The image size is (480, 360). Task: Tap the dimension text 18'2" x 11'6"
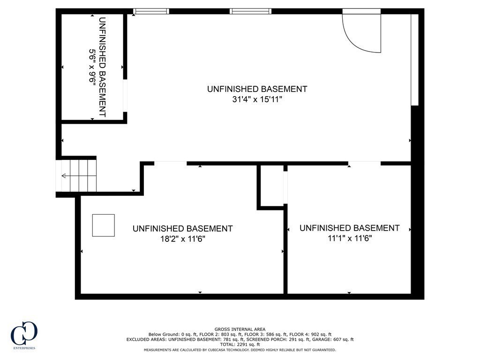[182, 239]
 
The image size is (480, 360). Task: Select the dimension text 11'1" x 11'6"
[349, 238]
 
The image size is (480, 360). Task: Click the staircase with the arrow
[78, 175]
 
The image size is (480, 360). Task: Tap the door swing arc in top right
[362, 32]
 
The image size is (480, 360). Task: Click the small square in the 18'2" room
[103, 225]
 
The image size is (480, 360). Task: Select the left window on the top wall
[151, 11]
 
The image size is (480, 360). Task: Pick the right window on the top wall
[250, 11]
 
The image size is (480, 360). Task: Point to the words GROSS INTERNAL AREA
[240, 329]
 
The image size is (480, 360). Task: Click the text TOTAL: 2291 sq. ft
[240, 345]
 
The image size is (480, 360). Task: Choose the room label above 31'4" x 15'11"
[257, 89]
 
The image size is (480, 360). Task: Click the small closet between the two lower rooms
[271, 185]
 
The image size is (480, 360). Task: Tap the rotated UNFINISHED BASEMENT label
[102, 67]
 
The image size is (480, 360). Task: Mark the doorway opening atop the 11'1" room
[364, 163]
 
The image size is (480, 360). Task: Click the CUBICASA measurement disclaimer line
[240, 350]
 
